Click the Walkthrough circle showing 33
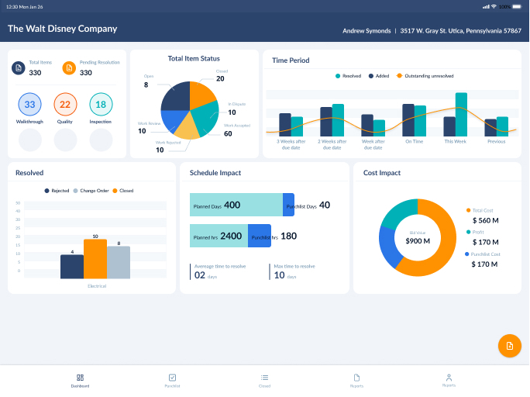(x=29, y=105)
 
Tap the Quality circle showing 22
(x=65, y=105)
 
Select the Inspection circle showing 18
(x=101, y=105)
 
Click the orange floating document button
(x=509, y=345)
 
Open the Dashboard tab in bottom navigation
(x=80, y=380)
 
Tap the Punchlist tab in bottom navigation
(x=172, y=380)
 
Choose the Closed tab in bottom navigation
(x=264, y=380)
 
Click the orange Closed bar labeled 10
(x=95, y=259)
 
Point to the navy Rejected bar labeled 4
(x=72, y=267)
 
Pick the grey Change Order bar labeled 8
(x=118, y=263)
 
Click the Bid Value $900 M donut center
(x=418, y=238)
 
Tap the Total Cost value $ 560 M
(x=484, y=221)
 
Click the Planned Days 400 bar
(x=236, y=205)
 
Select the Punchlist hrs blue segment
(x=260, y=236)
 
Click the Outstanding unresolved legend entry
(x=425, y=76)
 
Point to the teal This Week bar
(x=461, y=115)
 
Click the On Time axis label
(x=414, y=141)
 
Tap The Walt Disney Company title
(x=63, y=29)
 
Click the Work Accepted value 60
(x=228, y=133)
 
